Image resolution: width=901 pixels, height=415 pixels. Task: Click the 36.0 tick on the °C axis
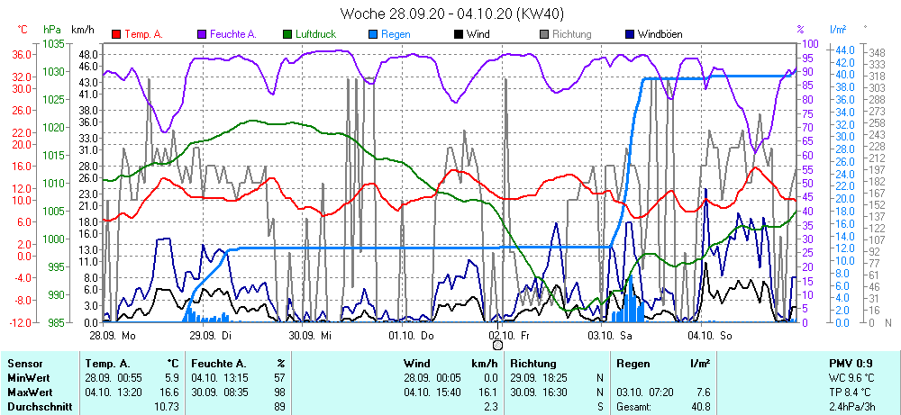coord(23,54)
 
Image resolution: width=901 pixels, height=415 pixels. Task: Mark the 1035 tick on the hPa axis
coord(53,43)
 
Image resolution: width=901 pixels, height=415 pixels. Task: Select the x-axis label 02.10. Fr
coord(510,335)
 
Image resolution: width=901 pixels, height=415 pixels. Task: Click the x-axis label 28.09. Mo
coord(112,335)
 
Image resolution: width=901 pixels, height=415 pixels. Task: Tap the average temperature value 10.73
coord(167,407)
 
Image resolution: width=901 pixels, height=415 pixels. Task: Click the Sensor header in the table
coord(24,363)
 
